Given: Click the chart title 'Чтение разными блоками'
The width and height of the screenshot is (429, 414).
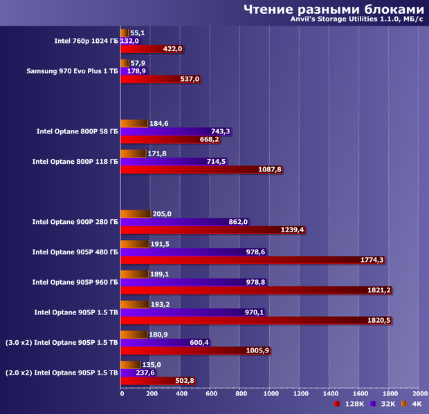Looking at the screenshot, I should tap(332, 9).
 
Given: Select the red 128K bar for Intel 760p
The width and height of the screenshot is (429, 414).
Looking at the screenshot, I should tap(152, 49).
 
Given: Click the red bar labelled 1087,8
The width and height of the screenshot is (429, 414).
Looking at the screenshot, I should tap(201, 169).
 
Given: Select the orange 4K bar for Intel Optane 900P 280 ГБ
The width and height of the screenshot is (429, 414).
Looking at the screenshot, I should tap(136, 214).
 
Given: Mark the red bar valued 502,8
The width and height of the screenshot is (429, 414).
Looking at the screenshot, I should tap(158, 381).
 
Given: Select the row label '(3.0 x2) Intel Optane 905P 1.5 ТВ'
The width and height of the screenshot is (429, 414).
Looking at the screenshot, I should tap(62, 342).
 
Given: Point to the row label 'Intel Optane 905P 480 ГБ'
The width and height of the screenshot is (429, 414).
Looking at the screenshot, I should tap(75, 252).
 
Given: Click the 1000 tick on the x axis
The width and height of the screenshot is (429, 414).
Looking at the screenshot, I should tap(270, 394).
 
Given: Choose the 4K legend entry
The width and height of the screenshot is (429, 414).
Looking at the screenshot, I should tap(413, 405).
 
